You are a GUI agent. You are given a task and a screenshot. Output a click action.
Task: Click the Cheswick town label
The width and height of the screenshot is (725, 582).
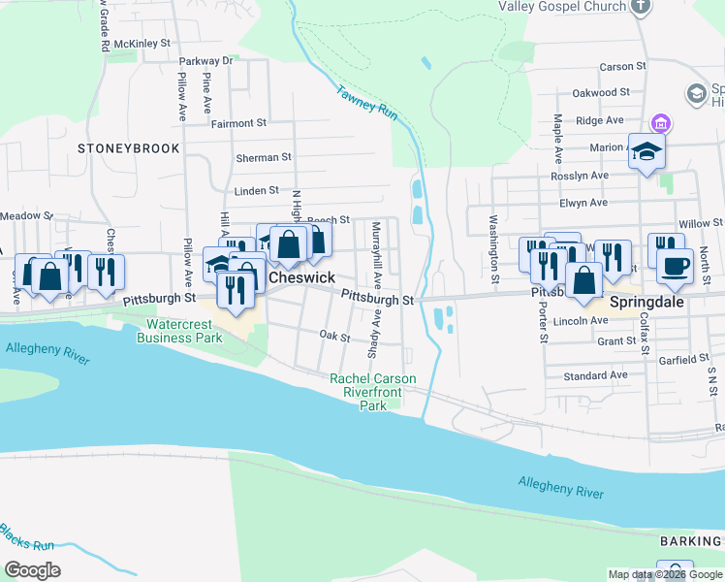pyautogui.click(x=301, y=277)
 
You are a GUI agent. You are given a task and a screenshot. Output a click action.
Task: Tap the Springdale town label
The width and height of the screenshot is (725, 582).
pyautogui.click(x=646, y=302)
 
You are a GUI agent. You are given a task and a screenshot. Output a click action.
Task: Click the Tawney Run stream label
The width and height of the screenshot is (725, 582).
pyautogui.click(x=367, y=105)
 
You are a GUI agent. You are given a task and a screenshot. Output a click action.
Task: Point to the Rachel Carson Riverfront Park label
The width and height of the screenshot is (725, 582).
pyautogui.click(x=373, y=392)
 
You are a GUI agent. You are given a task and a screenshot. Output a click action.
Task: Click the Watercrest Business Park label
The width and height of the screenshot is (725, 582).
pyautogui.click(x=180, y=331)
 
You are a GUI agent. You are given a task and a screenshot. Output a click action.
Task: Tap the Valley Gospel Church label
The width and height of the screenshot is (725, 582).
pyautogui.click(x=562, y=7)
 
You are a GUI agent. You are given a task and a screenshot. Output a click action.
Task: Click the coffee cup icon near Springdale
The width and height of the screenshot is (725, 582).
pyautogui.click(x=675, y=265)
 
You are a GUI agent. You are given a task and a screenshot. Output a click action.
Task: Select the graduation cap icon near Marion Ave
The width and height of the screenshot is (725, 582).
pyautogui.click(x=646, y=151)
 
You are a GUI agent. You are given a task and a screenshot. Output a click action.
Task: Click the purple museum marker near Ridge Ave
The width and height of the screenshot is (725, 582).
pyautogui.click(x=662, y=123)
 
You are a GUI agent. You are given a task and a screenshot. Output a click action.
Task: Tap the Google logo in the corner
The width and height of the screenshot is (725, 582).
pyautogui.click(x=33, y=570)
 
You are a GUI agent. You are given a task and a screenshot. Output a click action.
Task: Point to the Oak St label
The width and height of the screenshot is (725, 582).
pyautogui.click(x=334, y=336)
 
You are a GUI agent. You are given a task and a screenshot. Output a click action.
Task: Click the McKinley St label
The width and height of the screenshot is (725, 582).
pyautogui.click(x=142, y=44)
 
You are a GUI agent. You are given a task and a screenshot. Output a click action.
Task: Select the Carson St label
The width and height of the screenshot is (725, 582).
pyautogui.click(x=622, y=67)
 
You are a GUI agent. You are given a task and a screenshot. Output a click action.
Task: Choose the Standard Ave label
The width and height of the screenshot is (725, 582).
pyautogui.click(x=595, y=375)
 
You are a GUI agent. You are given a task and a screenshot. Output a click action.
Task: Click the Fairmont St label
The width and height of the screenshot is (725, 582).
pyautogui.click(x=238, y=123)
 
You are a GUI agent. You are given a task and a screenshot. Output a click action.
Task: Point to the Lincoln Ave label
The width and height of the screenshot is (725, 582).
pyautogui.click(x=581, y=320)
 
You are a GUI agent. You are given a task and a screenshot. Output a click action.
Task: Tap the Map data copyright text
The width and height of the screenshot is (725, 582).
pyautogui.click(x=666, y=574)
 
